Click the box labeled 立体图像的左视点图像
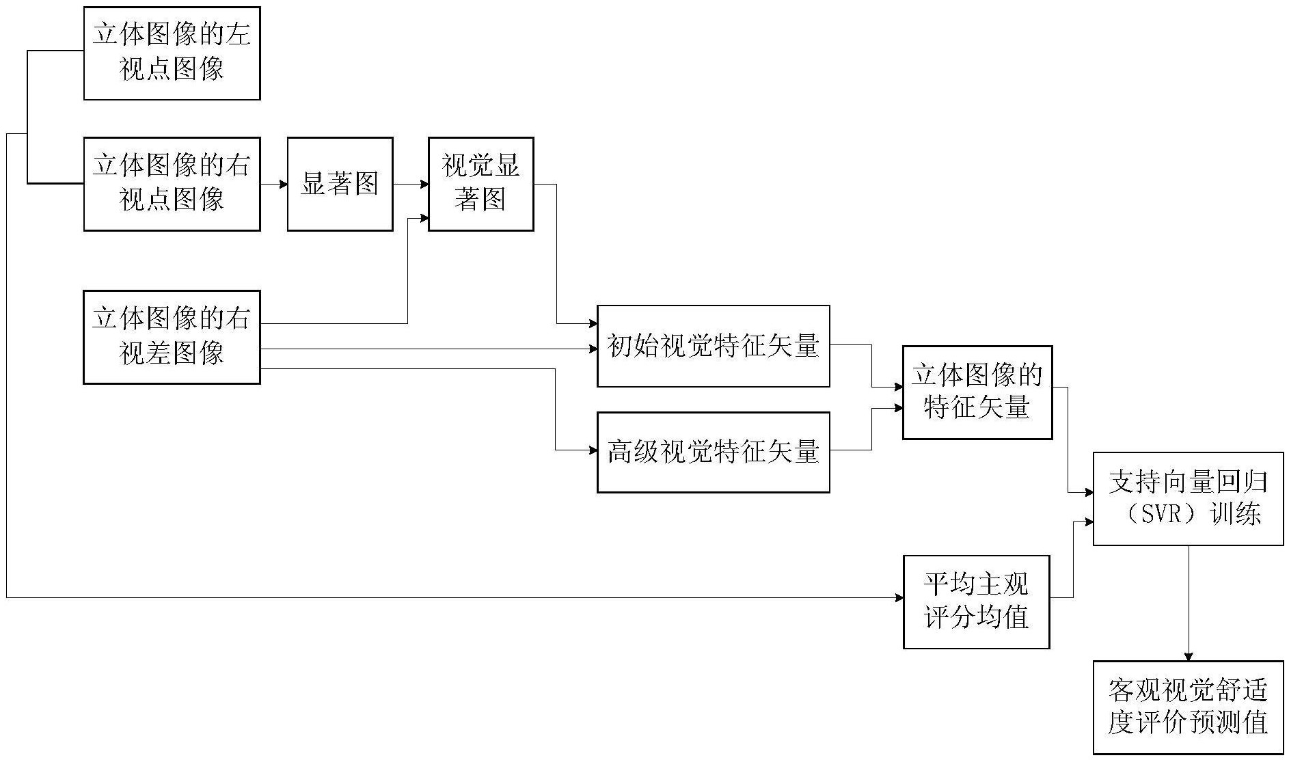point(172,53)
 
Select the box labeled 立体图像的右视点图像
point(172,184)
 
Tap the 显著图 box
point(340,184)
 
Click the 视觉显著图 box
point(480,184)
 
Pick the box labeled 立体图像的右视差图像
point(172,337)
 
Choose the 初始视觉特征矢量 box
point(714,346)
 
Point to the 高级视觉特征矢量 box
point(714,452)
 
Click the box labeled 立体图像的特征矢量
point(977,392)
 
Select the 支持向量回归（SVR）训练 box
point(1188,498)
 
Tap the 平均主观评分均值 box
point(976,601)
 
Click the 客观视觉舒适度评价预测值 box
point(1188,707)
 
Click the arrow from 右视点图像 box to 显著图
point(274,184)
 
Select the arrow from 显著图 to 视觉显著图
point(411,184)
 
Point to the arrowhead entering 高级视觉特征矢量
point(593,450)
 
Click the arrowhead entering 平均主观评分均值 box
point(898,598)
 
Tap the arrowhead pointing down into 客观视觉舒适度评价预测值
point(1189,656)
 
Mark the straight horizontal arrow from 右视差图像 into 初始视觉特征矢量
point(429,349)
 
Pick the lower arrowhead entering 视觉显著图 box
point(424,218)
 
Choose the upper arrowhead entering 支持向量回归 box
point(1089,492)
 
